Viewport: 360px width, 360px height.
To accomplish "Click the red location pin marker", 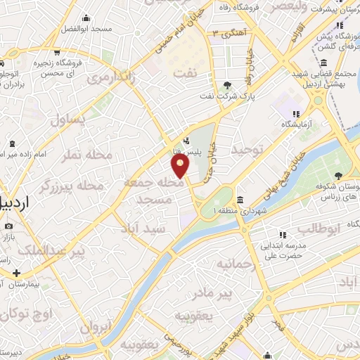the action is tap(181, 166).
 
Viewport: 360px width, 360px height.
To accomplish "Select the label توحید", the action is tap(247, 149).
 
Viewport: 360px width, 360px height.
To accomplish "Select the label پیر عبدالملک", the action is tap(59, 251).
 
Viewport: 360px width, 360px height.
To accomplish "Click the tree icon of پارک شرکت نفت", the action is tap(227, 86).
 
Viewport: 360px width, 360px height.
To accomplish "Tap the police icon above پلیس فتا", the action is tap(186, 139).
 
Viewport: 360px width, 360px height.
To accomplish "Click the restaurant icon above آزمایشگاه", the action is tap(297, 113).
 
